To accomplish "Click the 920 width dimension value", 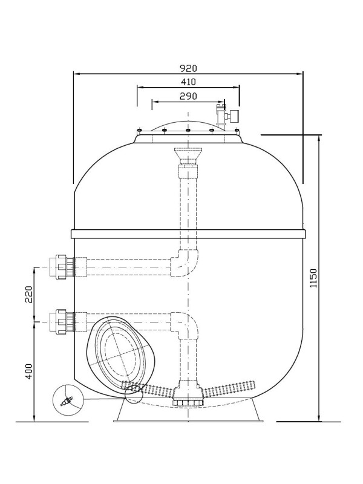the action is (188, 68).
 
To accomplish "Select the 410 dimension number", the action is (188, 82).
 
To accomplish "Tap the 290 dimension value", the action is (188, 96).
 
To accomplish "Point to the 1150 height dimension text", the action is (313, 278).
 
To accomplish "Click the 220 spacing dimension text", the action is (28, 294).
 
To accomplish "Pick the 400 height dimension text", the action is (28, 371).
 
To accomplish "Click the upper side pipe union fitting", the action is (62, 267).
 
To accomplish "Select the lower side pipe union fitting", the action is (62, 322).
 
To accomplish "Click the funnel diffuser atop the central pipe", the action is (188, 156).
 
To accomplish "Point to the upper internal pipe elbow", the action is (185, 263).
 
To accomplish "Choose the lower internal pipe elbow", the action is (185, 325).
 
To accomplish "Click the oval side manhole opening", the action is (120, 355).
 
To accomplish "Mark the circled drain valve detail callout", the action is (67, 401).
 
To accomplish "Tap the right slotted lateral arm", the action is (229, 388).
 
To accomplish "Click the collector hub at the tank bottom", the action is (188, 394).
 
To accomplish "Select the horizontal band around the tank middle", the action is (188, 234).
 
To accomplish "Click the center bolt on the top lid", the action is (188, 130).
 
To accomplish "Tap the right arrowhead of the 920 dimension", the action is (299, 74).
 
